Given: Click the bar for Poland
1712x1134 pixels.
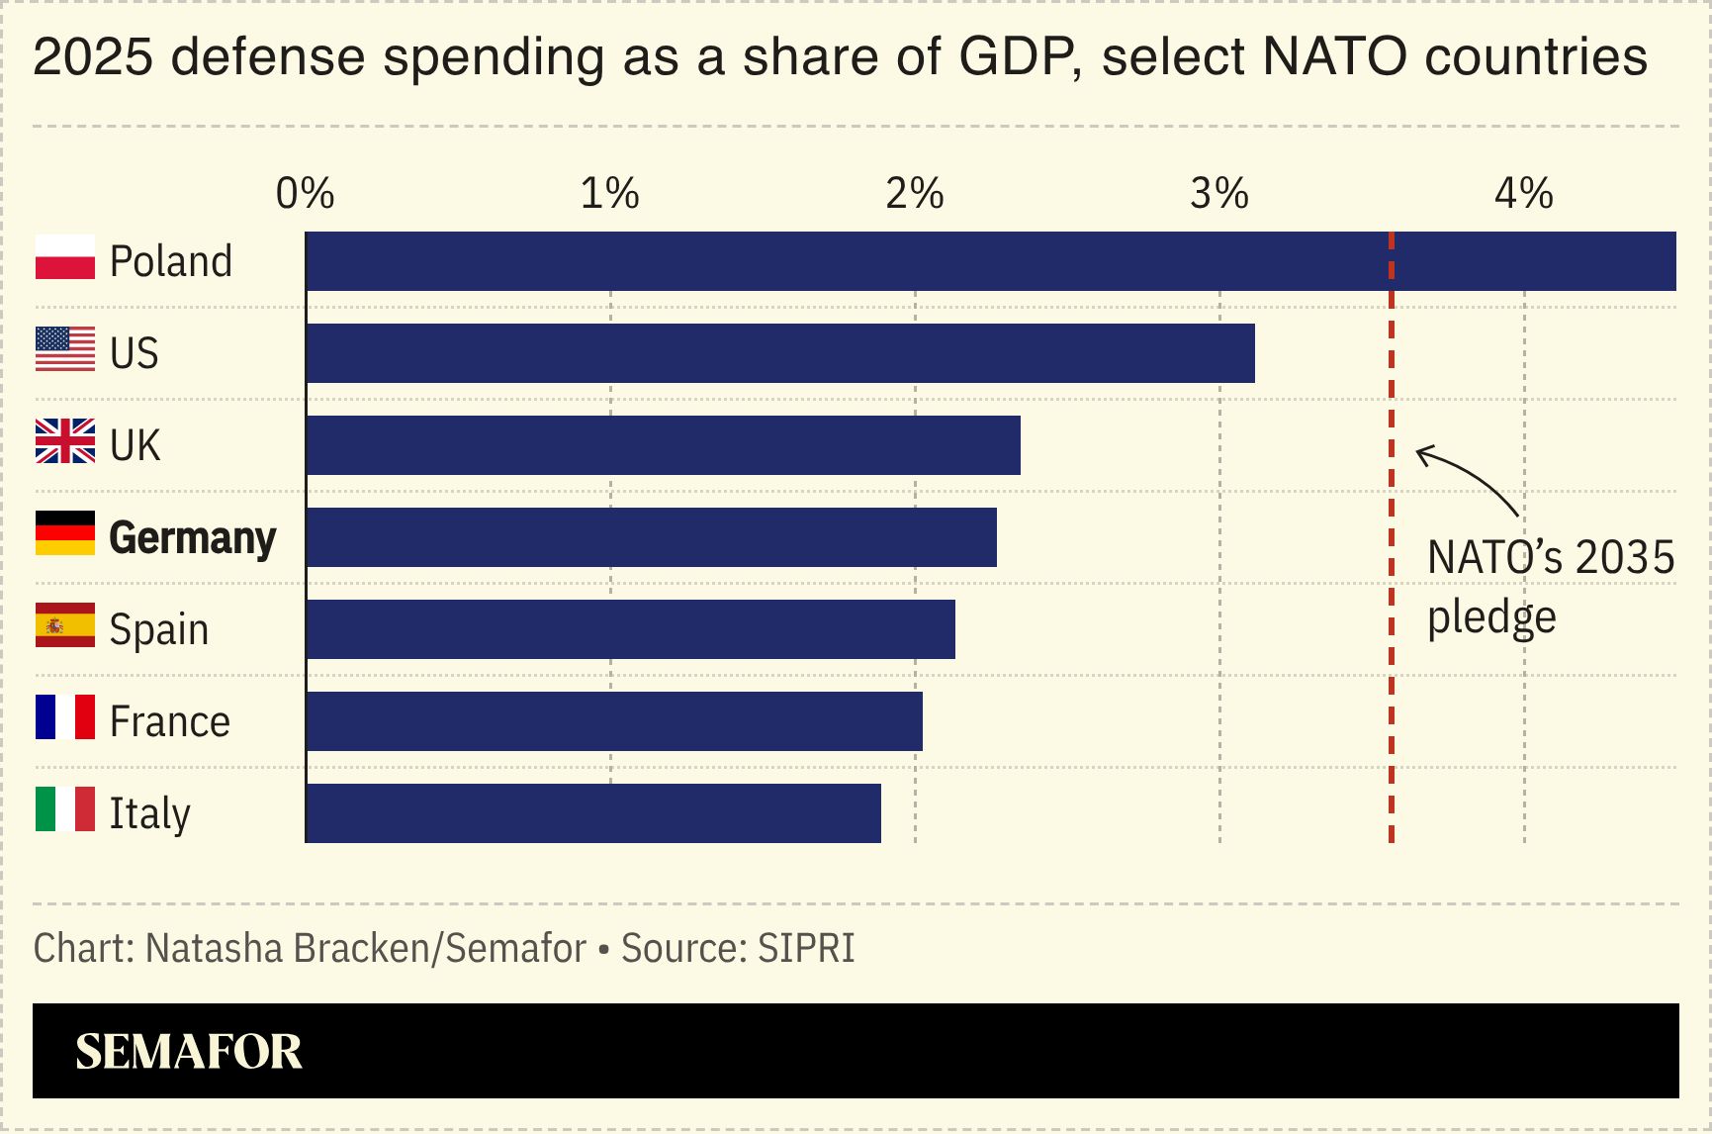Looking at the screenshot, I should click(x=989, y=261).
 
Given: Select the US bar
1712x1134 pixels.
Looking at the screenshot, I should click(x=780, y=353).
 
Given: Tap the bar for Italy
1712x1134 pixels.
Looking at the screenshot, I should click(x=593, y=813).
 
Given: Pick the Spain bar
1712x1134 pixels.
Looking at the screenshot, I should click(x=631, y=629).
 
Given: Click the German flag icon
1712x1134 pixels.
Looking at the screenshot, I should click(x=65, y=533).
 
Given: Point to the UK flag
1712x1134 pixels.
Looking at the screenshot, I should click(x=65, y=441).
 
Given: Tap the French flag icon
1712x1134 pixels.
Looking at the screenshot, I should click(x=65, y=717).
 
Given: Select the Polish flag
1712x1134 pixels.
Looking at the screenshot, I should click(x=65, y=257).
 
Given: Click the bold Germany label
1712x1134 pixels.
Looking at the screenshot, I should click(x=192, y=538).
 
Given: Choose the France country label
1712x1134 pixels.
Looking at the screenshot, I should click(x=169, y=721).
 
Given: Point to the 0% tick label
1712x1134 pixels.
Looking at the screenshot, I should click(x=305, y=194).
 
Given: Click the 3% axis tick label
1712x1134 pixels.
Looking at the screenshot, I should click(x=1218, y=194).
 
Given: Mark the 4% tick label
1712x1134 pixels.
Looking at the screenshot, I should click(x=1523, y=194).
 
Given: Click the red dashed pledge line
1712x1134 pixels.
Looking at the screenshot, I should click(x=1392, y=693).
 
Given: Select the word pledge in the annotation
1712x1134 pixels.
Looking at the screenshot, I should click(x=1491, y=618).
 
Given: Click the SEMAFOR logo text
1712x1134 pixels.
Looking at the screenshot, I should click(x=189, y=1052).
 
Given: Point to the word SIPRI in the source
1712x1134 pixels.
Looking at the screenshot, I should click(x=806, y=948).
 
